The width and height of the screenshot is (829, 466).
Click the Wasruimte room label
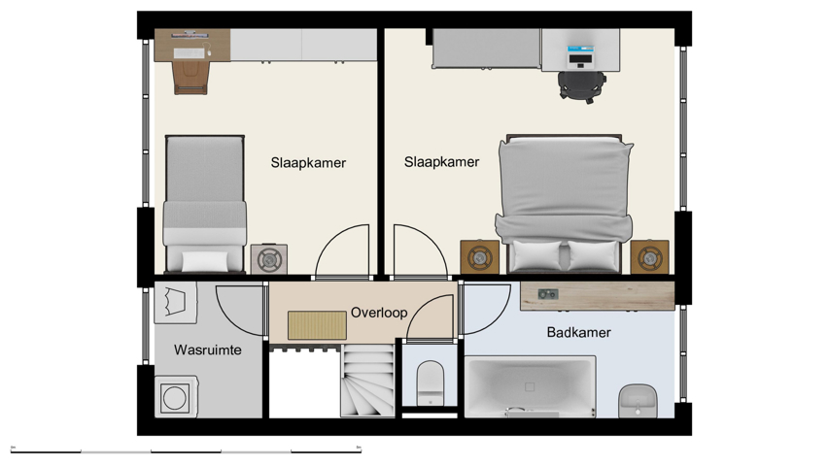pos(207,349)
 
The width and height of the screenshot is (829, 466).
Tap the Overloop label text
pos(379,313)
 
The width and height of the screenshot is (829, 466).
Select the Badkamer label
pos(578,332)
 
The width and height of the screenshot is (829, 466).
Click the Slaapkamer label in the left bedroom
pos(308,163)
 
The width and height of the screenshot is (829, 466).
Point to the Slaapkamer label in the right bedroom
pos(441,162)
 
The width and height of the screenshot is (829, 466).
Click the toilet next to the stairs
pos(429,383)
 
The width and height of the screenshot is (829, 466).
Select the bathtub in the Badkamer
pos(531,386)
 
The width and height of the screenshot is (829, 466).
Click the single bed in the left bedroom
pos(203,204)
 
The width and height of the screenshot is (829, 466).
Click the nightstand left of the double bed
pos(479,257)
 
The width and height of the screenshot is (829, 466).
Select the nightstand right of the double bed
pos(649,257)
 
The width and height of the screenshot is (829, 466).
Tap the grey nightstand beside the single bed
pos(268,259)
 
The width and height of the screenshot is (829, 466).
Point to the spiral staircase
pos(367,383)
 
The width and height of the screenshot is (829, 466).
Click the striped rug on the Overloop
pos(317,325)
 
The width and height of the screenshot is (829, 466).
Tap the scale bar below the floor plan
pos(186,450)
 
